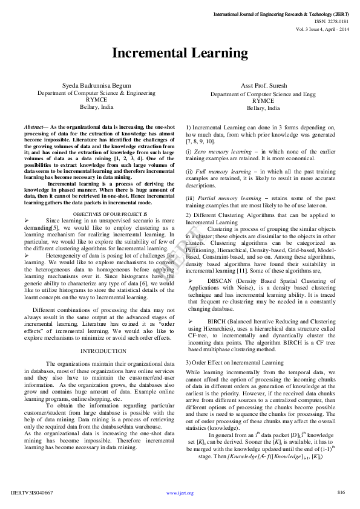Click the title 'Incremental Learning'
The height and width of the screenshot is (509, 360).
(x=180, y=53)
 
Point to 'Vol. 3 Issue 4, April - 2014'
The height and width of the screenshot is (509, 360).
(x=322, y=28)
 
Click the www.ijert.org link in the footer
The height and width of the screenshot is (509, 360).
(x=180, y=493)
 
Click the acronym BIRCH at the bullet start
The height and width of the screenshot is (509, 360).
(x=217, y=321)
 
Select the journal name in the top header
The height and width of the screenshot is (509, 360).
(x=281, y=13)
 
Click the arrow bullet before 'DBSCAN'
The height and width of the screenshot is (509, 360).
(x=191, y=281)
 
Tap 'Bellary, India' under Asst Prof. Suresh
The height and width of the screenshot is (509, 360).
(x=263, y=108)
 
